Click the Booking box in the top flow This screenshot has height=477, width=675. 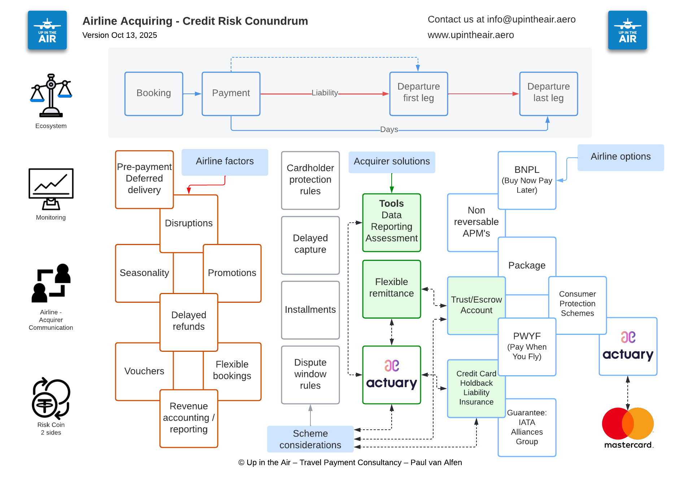[x=154, y=93]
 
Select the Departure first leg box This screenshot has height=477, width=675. [x=418, y=93]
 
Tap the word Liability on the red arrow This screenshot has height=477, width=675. [x=325, y=93]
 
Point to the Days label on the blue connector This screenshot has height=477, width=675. [x=389, y=129]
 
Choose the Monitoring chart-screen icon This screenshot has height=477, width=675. [x=51, y=189]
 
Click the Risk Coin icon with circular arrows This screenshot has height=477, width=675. [x=51, y=399]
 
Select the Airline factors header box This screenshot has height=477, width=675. [x=225, y=162]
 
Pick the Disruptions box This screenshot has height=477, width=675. [x=189, y=223]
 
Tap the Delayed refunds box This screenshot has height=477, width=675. [x=189, y=321]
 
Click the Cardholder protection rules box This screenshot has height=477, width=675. [x=310, y=180]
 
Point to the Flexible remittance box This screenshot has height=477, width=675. [x=391, y=288]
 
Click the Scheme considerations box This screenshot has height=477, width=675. [x=310, y=439]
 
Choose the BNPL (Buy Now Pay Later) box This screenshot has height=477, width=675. [x=527, y=180]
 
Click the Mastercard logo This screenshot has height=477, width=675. [x=628, y=428]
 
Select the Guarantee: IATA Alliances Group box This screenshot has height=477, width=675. [x=527, y=427]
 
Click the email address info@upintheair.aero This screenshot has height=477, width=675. [x=531, y=19]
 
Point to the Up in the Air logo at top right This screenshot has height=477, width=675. [x=627, y=30]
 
